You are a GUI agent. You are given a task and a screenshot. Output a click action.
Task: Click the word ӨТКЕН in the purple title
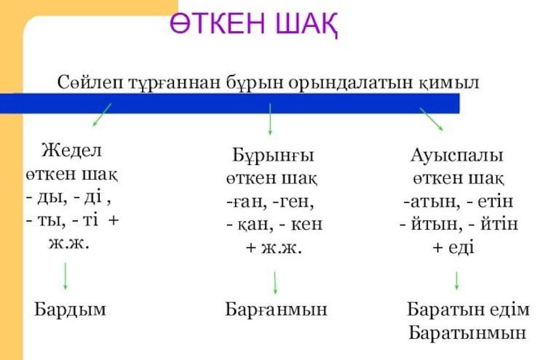pos(218,23)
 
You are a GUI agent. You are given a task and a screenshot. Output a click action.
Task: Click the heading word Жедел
pos(71,151)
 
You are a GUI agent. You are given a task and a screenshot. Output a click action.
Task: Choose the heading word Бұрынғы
pos(274,156)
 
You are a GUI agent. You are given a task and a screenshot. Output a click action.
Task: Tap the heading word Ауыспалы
pos(457,156)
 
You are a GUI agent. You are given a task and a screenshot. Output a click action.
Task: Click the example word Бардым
pos(70,309)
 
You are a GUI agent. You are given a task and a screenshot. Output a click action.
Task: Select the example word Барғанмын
pos(276,310)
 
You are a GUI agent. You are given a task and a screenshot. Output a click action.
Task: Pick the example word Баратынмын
pos(467,332)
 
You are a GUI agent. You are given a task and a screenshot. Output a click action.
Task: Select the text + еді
pos(453,247)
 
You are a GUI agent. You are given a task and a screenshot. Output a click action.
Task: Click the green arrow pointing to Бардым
pos(65,276)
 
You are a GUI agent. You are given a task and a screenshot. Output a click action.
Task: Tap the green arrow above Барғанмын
pos(275,282)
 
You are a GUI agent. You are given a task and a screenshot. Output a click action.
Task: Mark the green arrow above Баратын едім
pos(456,281)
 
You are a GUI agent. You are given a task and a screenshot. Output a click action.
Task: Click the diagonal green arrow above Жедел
pos(102,114)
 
